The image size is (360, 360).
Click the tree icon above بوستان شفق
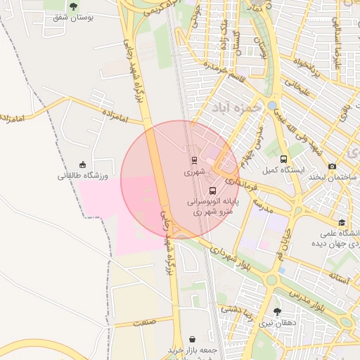74,6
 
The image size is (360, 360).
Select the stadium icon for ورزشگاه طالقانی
83,165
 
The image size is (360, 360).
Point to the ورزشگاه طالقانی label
82,176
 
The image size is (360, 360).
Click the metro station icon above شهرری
195,160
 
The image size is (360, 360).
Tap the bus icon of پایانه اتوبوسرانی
212,191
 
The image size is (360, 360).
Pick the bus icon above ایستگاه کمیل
283,160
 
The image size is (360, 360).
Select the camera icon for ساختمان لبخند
332,166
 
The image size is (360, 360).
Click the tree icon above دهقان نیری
277,311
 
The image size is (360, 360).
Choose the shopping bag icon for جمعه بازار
193,339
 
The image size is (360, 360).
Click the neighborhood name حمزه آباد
236,107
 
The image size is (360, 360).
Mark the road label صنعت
141,321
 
